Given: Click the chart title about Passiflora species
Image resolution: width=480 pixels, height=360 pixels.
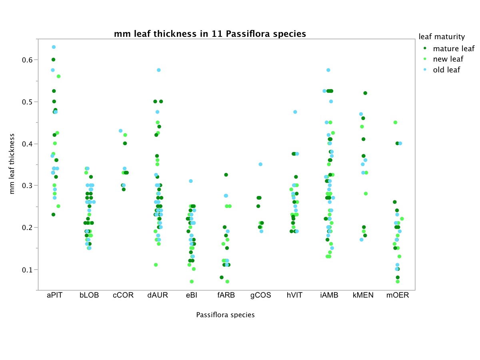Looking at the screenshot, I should [210, 34].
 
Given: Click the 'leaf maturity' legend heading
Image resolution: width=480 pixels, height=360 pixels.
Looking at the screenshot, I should [442, 37].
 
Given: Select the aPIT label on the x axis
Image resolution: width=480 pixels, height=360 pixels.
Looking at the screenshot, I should [54, 296].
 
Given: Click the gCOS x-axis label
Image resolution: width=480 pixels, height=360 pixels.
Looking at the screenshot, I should [261, 296].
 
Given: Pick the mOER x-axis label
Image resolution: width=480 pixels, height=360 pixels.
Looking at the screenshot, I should [398, 296].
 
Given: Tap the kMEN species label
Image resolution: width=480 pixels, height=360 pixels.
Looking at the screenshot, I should [363, 296].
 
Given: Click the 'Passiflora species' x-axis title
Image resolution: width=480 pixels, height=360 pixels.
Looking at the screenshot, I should [225, 315].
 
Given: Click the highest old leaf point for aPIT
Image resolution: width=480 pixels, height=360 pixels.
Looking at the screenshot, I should [54, 47].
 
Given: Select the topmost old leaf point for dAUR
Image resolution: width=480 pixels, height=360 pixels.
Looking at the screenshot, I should [159, 70].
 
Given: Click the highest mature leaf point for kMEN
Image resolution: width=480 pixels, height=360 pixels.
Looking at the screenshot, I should [365, 93].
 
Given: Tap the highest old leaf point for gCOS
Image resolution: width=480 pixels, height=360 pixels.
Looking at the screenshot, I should [261, 164].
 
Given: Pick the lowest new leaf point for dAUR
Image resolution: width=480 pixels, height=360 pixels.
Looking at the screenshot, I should [156, 265].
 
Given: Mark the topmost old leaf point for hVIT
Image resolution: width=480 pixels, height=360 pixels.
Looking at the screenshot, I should [295, 112].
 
